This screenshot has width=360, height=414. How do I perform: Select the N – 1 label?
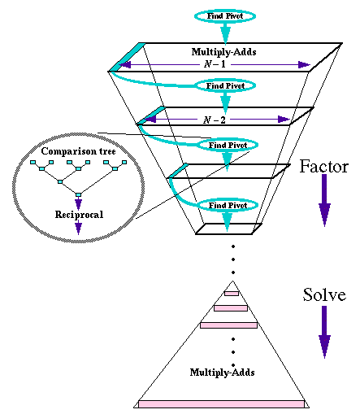pyautogui.click(x=215, y=64)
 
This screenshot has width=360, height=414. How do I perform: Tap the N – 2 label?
pyautogui.click(x=215, y=120)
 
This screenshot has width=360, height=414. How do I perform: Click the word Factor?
pyautogui.click(x=323, y=166)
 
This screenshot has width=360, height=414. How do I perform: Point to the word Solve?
pyautogui.click(x=324, y=294)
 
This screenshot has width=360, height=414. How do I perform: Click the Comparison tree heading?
pyautogui.click(x=78, y=151)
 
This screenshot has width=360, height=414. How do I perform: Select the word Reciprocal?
pyautogui.click(x=79, y=215)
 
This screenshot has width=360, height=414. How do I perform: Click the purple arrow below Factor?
pyautogui.click(x=324, y=200)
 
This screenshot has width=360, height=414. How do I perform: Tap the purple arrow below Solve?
pyautogui.click(x=324, y=332)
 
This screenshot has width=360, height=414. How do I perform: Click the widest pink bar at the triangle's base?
pyautogui.click(x=221, y=404)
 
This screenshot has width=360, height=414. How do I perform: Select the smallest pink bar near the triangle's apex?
pyautogui.click(x=232, y=294)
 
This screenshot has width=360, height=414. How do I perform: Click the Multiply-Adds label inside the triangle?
pyautogui.click(x=222, y=373)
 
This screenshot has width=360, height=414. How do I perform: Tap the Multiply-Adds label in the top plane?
pyautogui.click(x=223, y=51)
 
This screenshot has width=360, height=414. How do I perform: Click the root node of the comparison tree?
pyautogui.click(x=78, y=194)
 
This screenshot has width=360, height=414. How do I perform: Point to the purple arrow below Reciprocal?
pyautogui.click(x=79, y=227)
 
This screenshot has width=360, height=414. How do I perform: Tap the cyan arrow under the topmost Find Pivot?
pyautogui.click(x=225, y=33)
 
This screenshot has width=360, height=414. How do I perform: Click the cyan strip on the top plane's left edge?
pyautogui.click(x=127, y=57)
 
